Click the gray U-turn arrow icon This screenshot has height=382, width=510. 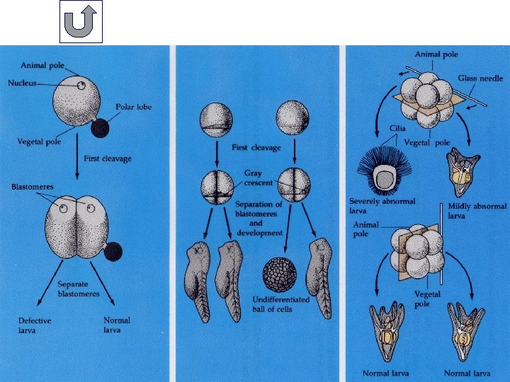pyautogui.click(x=81, y=21)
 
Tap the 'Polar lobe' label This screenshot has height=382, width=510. pyautogui.click(x=134, y=107)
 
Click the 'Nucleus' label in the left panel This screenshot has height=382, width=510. pyautogui.click(x=22, y=83)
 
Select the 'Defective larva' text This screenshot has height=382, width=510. pyautogui.click(x=35, y=325)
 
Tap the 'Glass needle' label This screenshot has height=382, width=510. pyautogui.click(x=480, y=78)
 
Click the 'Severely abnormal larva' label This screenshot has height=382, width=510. pyautogui.click(x=382, y=206)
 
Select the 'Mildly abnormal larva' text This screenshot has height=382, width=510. pyautogui.click(x=477, y=210)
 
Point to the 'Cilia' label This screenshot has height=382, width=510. pyautogui.click(x=377, y=129)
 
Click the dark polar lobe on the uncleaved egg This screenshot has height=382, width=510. pyautogui.click(x=101, y=127)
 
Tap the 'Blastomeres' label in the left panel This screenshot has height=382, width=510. pyautogui.click(x=32, y=187)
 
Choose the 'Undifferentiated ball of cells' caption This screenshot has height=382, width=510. pyautogui.click(x=281, y=304)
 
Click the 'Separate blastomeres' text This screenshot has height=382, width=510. pyautogui.click(x=79, y=289)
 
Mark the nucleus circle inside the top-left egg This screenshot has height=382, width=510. pyautogui.click(x=82, y=86)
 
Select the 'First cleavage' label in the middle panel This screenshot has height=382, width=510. pyautogui.click(x=256, y=148)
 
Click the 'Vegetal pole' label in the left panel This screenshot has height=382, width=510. pyautogui.click(x=39, y=141)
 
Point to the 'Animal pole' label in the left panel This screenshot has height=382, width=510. pyautogui.click(x=42, y=65)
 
